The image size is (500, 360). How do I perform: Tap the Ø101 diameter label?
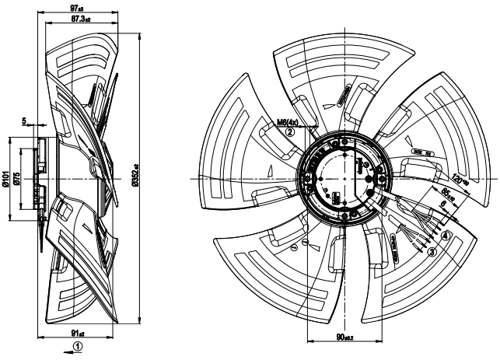pyautogui.click(x=6, y=180)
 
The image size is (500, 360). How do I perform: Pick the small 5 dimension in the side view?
pyautogui.click(x=25, y=121)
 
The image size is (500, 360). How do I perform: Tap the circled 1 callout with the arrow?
pyautogui.click(x=75, y=346)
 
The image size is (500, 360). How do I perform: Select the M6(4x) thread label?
pyautogui.click(x=289, y=122)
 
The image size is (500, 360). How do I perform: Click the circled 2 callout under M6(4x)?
pyautogui.click(x=289, y=132)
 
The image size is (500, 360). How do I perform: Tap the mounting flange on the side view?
pyautogui.click(x=40, y=180)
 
